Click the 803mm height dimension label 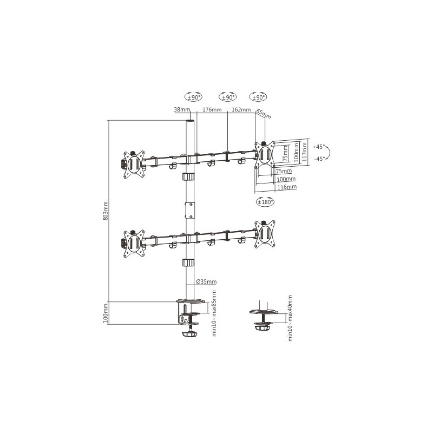105,211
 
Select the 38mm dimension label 182,109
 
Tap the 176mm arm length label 212,110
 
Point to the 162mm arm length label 241,110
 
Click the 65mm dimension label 264,114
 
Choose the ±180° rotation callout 265,202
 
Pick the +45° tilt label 319,147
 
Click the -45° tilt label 320,159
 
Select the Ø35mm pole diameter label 206,281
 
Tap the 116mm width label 287,187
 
